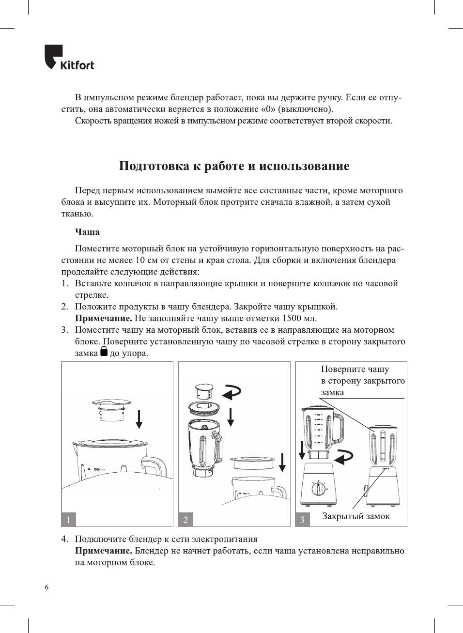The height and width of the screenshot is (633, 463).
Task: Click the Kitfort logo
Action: coord(69,58)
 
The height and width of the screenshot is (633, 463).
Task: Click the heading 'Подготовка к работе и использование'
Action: coord(234,166)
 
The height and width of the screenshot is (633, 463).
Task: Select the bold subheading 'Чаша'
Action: coord(87,232)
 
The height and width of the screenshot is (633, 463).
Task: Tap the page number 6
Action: coord(46,587)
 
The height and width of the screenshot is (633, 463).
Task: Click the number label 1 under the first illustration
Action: coord(69,520)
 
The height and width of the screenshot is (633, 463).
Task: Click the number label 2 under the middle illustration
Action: coord(186,520)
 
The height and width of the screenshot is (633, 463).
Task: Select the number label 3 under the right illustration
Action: coord(303,520)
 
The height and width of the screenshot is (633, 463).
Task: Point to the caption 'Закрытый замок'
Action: coord(356,516)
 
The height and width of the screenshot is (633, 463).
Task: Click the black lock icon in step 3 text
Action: coord(104,352)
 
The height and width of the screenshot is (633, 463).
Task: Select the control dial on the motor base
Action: coord(318,488)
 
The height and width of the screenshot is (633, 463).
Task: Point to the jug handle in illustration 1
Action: coord(155,466)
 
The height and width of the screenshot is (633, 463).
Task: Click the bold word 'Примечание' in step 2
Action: coord(103,318)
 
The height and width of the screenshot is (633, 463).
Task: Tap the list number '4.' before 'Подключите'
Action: coord(64,539)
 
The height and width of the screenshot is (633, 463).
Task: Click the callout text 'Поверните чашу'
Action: coord(355,369)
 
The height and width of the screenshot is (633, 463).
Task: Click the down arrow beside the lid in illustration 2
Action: coord(231,417)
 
